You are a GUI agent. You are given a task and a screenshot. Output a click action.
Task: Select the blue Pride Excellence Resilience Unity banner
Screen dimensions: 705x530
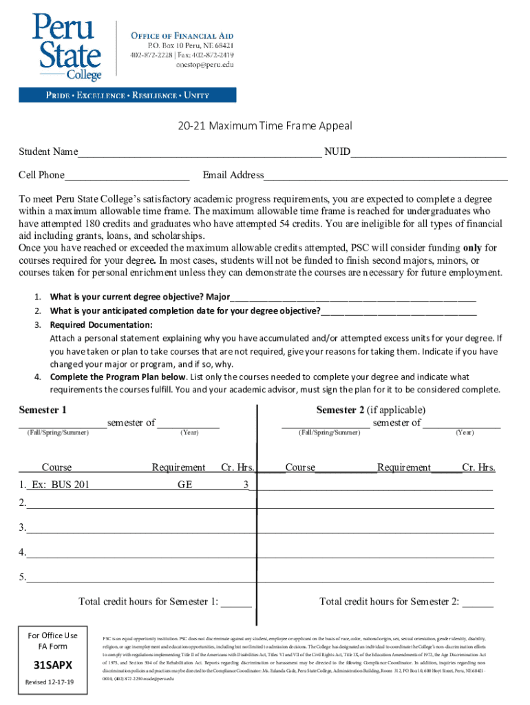pos(128,95)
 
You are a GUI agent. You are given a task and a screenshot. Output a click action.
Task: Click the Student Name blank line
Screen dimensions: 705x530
pos(199,152)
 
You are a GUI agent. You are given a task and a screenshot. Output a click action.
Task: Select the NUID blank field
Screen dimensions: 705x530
pos(428,152)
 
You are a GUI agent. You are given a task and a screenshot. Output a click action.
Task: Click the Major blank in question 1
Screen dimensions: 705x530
pos(352,298)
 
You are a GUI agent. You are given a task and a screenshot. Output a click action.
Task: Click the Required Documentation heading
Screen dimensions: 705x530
pos(101,325)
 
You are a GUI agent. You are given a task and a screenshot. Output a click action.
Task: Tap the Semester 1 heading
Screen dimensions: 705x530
pos(43,410)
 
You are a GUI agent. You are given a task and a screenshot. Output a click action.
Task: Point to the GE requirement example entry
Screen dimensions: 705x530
pos(184,485)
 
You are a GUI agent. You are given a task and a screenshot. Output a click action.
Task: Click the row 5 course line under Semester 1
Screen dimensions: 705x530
pos(138,578)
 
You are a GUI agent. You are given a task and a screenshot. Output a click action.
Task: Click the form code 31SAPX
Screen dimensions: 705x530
pos(48,666)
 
